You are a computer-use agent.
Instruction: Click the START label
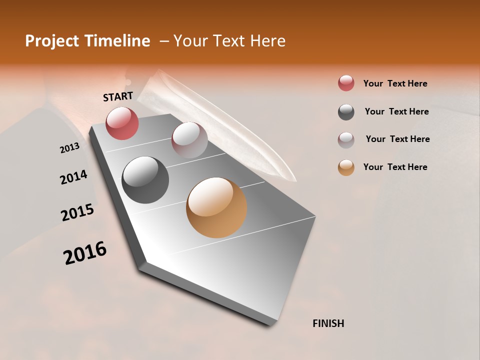coord(118,96)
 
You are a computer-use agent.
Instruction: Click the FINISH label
coord(328,323)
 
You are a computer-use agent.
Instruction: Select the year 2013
coord(69,148)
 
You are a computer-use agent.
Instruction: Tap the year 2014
coord(73,177)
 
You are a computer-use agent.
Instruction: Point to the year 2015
coord(77,212)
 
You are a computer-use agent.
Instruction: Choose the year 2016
coord(85,253)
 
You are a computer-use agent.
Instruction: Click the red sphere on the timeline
coord(122,123)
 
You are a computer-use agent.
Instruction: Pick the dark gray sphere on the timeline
coord(145,180)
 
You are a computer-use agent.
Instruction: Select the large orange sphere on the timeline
coord(216,207)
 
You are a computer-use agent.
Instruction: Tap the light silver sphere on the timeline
coord(189,139)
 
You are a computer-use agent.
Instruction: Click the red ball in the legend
coord(346,83)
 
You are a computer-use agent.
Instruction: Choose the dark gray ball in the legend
coord(346,112)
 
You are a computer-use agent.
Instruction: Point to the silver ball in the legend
coord(346,140)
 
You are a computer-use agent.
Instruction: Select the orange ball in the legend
coord(346,167)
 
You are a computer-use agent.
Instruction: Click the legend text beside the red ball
coord(395,83)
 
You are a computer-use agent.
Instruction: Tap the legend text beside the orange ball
coord(395,167)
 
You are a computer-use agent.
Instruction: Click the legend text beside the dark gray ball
coord(396,111)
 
